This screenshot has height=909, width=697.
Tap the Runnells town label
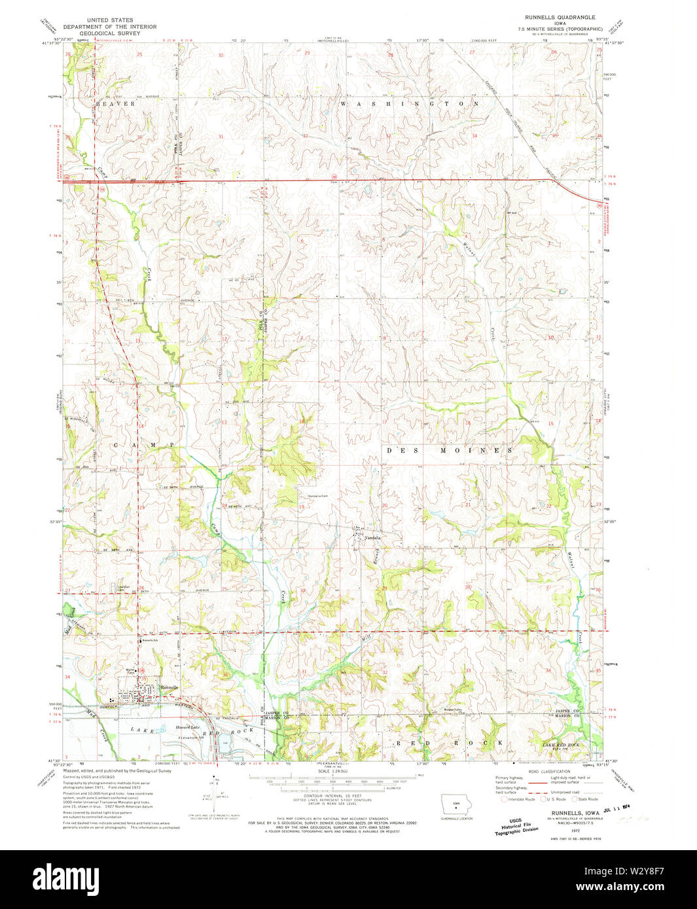[169, 687]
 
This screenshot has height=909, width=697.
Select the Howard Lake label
[187, 727]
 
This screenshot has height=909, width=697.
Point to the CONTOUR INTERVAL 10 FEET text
[333, 796]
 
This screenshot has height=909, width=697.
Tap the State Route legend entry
[584, 799]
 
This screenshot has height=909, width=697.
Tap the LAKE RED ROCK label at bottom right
[560, 745]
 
